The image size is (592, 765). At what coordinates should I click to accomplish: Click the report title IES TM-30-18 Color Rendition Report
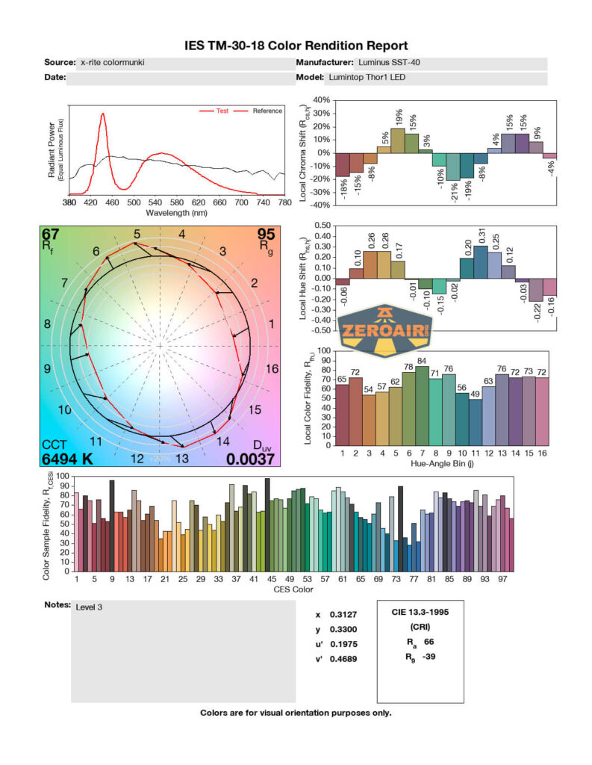(x=296, y=46)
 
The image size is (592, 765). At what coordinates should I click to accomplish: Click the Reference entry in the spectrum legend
(x=267, y=111)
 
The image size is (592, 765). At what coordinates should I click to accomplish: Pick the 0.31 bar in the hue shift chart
(x=480, y=261)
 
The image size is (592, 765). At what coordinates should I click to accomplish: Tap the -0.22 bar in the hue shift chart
(x=535, y=289)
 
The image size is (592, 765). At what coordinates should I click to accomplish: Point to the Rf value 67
(x=52, y=238)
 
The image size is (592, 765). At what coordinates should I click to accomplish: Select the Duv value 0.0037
(x=251, y=459)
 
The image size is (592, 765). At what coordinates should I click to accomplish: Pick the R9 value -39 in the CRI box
(x=428, y=657)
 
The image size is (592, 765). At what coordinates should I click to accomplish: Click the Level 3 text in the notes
(x=89, y=607)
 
